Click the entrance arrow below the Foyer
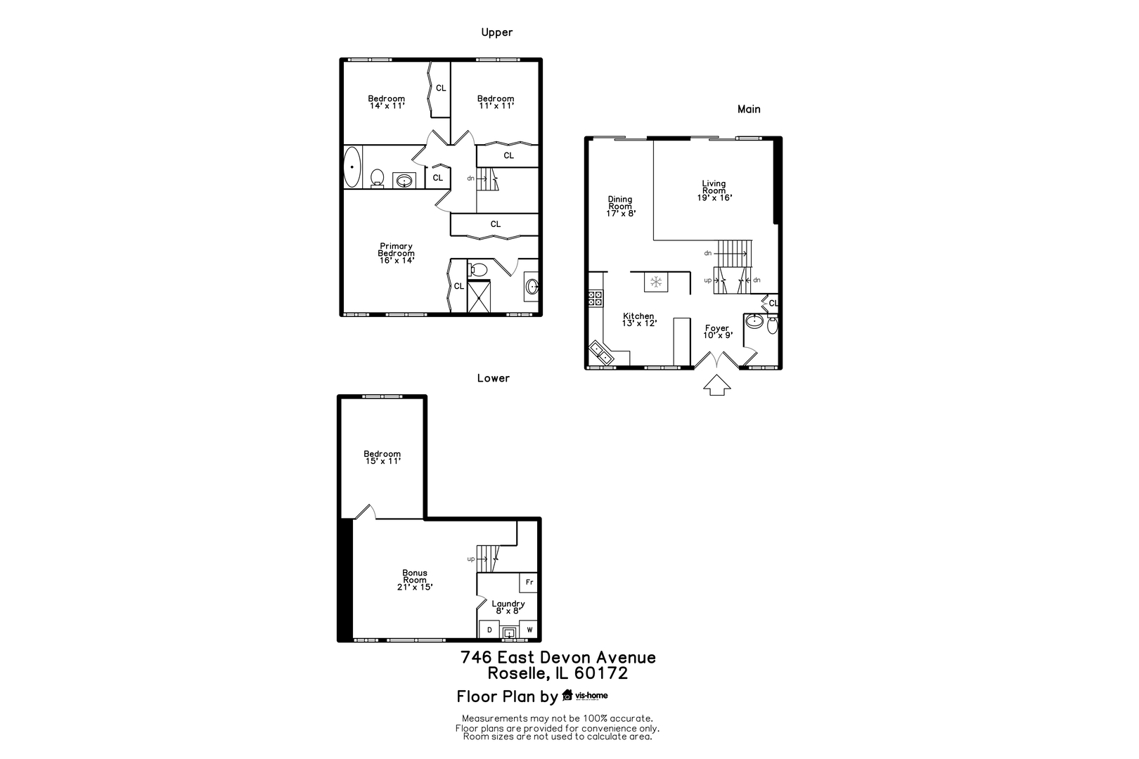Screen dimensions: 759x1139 click(716, 385)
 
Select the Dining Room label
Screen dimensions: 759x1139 click(620, 206)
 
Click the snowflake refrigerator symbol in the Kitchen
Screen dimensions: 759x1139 click(656, 283)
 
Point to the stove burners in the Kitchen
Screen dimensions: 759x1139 click(596, 298)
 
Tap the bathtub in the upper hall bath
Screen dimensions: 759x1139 click(352, 168)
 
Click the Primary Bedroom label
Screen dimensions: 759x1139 click(396, 253)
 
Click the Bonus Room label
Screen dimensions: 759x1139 click(415, 580)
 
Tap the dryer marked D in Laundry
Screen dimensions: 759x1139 click(489, 630)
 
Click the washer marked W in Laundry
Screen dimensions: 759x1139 click(529, 630)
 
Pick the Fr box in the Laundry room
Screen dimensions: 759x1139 click(529, 583)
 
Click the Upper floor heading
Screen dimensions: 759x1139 click(497, 32)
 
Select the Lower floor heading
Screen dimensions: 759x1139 click(493, 378)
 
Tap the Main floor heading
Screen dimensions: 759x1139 click(749, 109)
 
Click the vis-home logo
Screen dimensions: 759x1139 click(585, 696)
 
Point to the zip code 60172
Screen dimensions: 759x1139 click(601, 673)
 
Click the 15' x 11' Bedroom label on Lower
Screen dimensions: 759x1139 click(382, 458)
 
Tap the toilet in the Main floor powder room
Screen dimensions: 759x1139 click(773, 325)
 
